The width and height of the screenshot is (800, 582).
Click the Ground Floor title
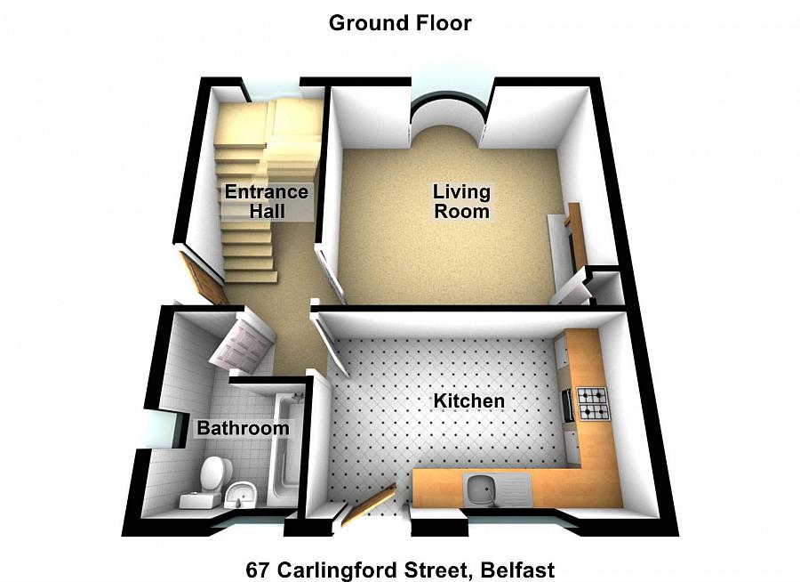(400, 23)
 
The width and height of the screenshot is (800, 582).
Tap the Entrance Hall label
(266, 202)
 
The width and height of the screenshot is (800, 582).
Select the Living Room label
(461, 201)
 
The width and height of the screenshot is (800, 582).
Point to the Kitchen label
(468, 401)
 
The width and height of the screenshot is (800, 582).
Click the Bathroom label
(243, 429)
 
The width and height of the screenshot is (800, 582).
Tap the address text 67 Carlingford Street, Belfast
(400, 569)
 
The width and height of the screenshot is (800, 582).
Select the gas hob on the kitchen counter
(593, 403)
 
